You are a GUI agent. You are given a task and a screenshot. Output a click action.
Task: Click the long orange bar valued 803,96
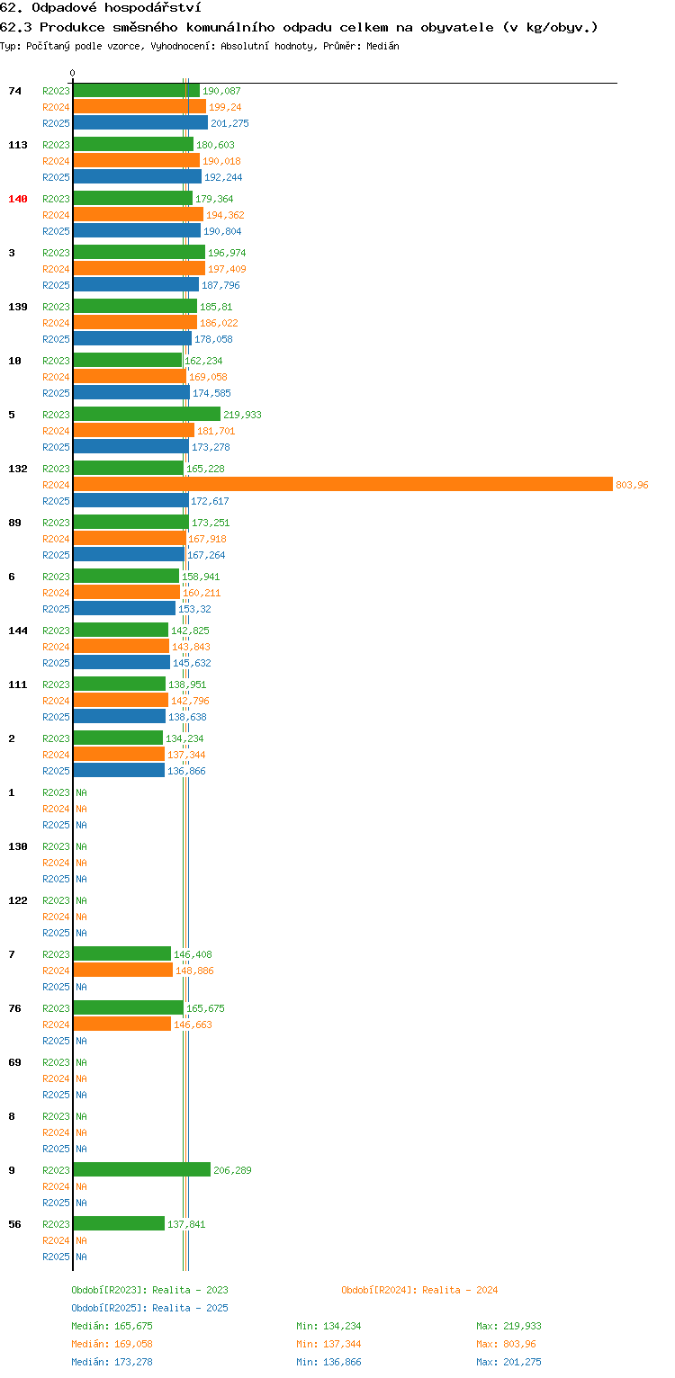[x=343, y=484]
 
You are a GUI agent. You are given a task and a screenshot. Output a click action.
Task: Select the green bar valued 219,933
[x=147, y=414]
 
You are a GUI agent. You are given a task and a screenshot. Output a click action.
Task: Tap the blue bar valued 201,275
[x=141, y=123]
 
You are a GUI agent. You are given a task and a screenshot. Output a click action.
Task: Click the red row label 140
[x=18, y=199]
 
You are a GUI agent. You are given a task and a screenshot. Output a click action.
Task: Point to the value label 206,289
[x=232, y=1170]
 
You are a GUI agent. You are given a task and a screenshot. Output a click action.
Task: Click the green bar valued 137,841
[x=120, y=1223]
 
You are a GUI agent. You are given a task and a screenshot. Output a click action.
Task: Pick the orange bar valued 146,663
[x=122, y=1024]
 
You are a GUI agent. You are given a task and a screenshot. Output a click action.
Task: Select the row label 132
[x=18, y=468]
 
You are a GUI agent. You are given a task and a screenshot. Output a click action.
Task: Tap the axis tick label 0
[x=73, y=73]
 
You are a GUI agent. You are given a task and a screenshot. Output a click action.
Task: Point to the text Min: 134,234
[x=328, y=1326]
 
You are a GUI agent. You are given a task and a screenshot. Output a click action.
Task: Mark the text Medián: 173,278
[x=112, y=1362]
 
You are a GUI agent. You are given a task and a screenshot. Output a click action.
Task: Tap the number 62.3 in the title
[x=16, y=27]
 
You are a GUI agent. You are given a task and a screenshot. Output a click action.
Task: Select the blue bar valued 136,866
[x=120, y=770]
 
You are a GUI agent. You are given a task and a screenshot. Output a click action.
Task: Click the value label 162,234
[x=203, y=361]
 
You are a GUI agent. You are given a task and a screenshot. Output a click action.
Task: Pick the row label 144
[x=18, y=630]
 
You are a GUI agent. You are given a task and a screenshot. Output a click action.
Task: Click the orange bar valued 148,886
[x=123, y=970]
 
